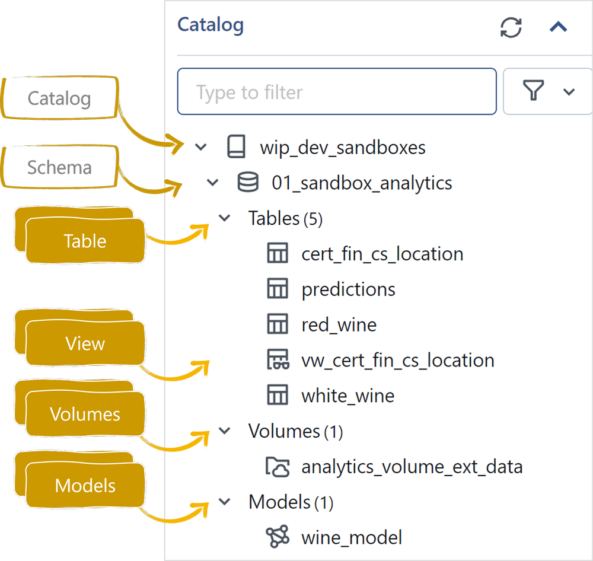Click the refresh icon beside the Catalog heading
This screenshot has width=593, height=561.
(511, 27)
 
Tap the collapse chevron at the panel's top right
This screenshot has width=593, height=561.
(559, 27)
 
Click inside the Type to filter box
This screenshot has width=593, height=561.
(336, 92)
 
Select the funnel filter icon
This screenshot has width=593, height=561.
(534, 91)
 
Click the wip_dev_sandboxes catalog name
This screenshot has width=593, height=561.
(343, 147)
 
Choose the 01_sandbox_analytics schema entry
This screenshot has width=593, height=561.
(362, 183)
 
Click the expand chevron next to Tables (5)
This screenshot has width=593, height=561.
(225, 218)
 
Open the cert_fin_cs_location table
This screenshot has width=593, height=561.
(382, 254)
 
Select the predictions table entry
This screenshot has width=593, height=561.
(348, 289)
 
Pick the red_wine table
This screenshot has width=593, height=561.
(339, 325)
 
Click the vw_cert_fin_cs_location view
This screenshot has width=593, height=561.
(397, 360)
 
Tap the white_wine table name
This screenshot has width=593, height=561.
(347, 396)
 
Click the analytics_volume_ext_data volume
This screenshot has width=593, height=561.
(412, 467)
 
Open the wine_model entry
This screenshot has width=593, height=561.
(352, 538)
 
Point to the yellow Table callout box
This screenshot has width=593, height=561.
(85, 241)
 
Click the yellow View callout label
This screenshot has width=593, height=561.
(85, 344)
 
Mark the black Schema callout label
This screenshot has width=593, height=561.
(59, 168)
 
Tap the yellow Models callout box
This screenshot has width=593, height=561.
(85, 486)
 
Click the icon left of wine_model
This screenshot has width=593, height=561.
(277, 537)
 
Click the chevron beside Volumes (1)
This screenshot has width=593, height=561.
(225, 431)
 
